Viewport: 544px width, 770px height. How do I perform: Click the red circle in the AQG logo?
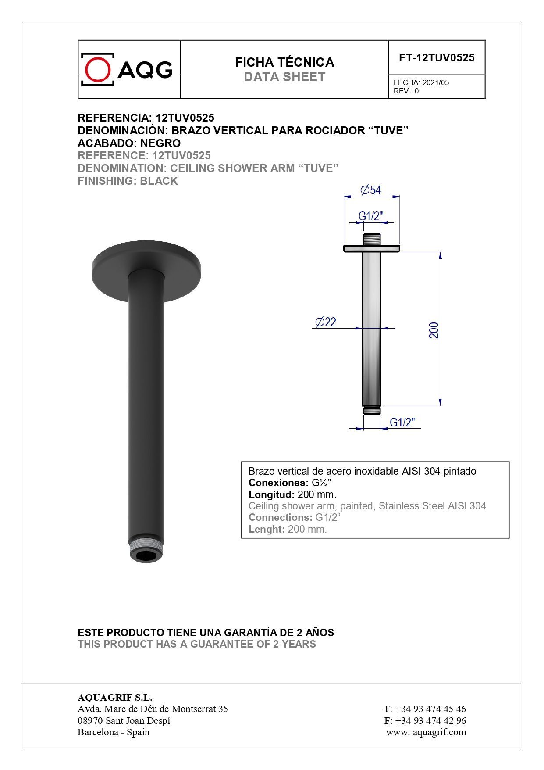click(x=97, y=69)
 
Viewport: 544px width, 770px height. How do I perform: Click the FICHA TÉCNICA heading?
click(x=284, y=62)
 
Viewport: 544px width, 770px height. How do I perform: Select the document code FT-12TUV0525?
click(x=436, y=57)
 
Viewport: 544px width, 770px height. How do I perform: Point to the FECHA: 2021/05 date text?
click(x=421, y=82)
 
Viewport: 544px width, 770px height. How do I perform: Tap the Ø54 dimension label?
click(x=371, y=190)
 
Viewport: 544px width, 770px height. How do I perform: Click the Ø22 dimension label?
click(x=326, y=322)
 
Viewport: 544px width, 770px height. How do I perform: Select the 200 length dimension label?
click(x=434, y=330)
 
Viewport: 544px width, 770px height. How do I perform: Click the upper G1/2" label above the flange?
click(x=371, y=216)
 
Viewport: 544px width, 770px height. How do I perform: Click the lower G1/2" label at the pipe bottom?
click(x=402, y=422)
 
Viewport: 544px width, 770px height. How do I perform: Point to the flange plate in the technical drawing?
click(x=371, y=249)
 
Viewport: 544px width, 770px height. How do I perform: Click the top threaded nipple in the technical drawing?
click(x=371, y=240)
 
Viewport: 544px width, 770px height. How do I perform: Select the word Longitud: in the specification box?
click(x=271, y=494)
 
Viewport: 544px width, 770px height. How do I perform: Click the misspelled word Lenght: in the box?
click(x=267, y=529)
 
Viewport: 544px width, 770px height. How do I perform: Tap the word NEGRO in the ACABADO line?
click(x=160, y=143)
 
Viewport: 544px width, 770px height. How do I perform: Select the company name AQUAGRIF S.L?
click(x=115, y=697)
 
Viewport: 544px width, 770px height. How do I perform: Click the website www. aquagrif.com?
click(x=426, y=732)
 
